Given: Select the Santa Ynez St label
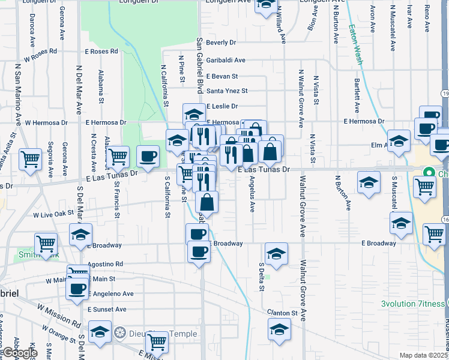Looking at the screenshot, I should tap(227, 91).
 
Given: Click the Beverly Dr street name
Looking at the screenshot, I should tap(221, 43).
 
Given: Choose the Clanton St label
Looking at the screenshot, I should tap(285, 313).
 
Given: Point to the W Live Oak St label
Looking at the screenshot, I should tap(53, 213).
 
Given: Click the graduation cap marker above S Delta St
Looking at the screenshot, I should tap(276, 253).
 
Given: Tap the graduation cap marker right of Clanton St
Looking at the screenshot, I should tap(279, 329).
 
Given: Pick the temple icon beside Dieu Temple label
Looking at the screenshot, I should tap(119, 332).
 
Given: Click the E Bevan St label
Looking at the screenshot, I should tap(222, 76).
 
